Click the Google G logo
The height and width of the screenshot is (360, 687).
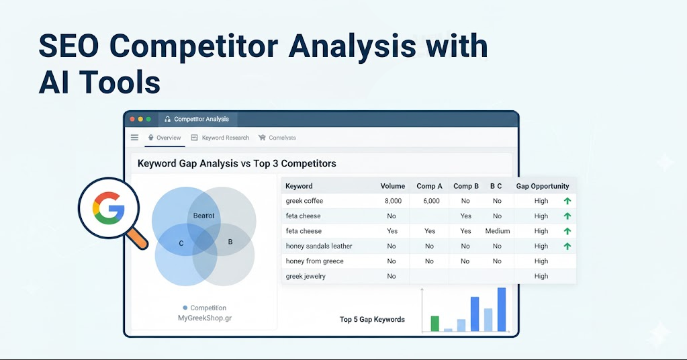click(108, 208)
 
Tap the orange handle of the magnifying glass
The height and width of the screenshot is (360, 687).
click(138, 239)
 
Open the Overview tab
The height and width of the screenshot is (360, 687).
click(165, 138)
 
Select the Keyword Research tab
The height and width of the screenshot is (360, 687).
click(220, 138)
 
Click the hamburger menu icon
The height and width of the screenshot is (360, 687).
click(134, 138)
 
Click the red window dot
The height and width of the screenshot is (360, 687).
click(132, 119)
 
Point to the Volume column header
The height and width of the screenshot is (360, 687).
click(393, 186)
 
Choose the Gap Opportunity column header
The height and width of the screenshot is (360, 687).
click(543, 186)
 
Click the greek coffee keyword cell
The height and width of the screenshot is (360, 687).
click(304, 201)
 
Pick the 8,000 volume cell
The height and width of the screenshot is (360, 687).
click(393, 201)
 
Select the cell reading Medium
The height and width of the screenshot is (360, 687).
click(498, 231)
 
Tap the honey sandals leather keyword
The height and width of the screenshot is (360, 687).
click(319, 246)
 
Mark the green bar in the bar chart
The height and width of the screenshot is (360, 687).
click(434, 324)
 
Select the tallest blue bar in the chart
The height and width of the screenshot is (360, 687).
click(502, 309)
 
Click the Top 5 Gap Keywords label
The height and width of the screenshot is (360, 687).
click(372, 319)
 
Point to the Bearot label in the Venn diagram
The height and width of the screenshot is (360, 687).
click(203, 216)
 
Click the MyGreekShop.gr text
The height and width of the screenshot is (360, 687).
click(205, 318)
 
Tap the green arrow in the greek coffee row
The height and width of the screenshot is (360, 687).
click(567, 201)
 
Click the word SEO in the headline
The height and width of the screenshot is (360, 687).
click(68, 46)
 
